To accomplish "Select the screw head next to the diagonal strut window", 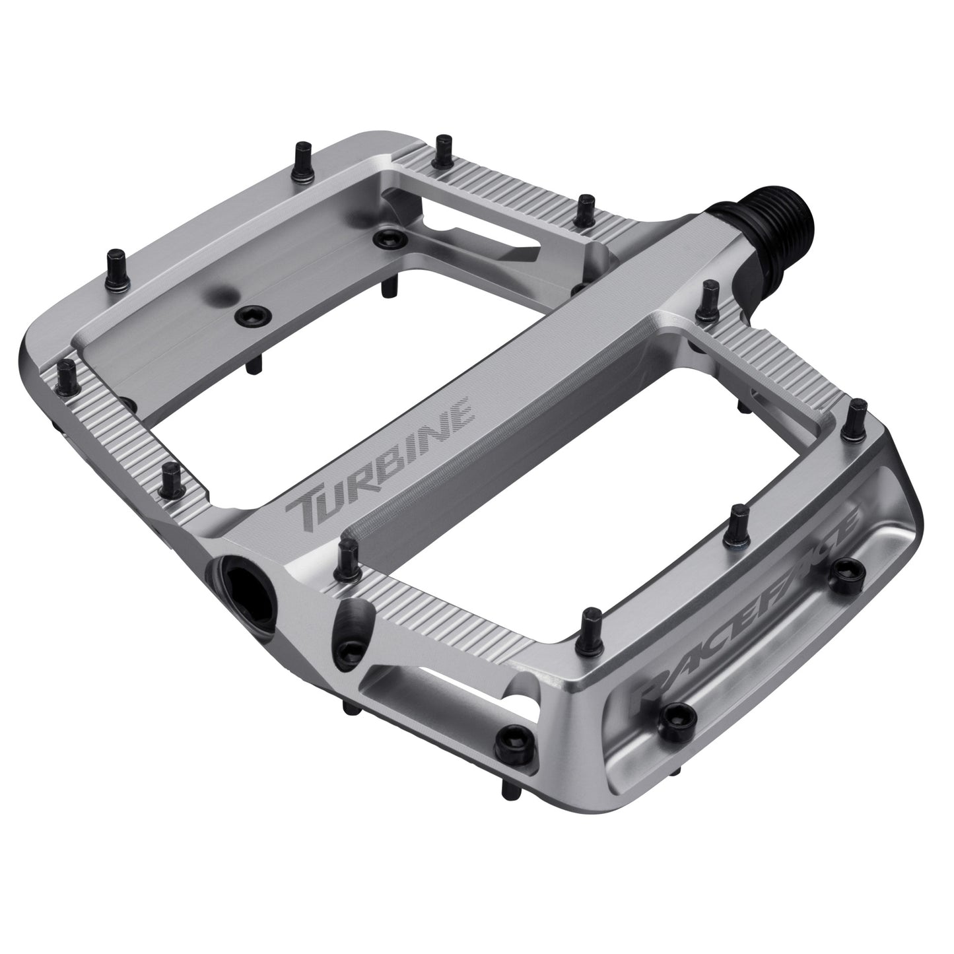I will pyautogui.click(x=383, y=236).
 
